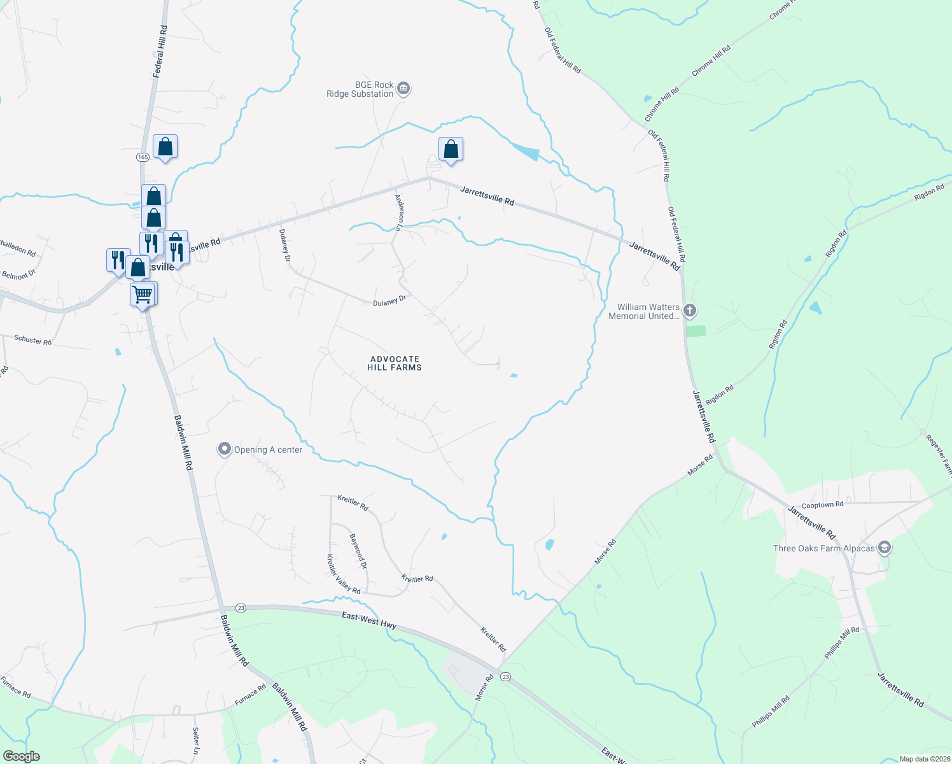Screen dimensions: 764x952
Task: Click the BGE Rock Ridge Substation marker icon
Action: click(403, 88)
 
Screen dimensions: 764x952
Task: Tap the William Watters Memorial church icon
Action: click(690, 311)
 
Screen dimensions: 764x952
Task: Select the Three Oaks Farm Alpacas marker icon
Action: click(884, 548)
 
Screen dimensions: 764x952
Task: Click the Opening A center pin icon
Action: click(224, 449)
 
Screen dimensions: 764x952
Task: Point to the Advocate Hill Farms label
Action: click(395, 363)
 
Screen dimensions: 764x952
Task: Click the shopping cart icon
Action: click(142, 295)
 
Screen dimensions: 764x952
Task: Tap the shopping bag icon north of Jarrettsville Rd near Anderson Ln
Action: click(451, 150)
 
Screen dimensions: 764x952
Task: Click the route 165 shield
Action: click(143, 157)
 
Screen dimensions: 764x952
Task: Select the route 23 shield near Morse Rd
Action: click(505, 676)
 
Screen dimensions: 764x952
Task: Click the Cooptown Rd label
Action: click(822, 505)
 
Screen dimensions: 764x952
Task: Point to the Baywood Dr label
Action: click(358, 551)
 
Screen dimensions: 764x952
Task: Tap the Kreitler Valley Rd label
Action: click(343, 574)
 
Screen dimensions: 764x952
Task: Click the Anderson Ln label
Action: click(399, 212)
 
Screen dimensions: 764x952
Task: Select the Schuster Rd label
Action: click(32, 340)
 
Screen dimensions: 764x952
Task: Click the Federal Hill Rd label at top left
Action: click(160, 50)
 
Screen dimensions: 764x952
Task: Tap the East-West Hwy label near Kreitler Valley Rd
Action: click(369, 620)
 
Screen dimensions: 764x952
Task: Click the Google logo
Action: click(21, 756)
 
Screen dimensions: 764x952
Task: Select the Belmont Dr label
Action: click(19, 275)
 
